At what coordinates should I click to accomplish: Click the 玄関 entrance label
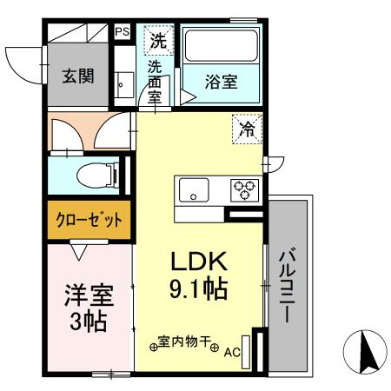click(x=79, y=76)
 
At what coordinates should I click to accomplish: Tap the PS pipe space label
click(x=123, y=33)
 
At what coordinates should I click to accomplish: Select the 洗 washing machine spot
click(x=157, y=40)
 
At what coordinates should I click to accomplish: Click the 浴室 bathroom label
click(x=220, y=83)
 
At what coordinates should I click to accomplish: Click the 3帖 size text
click(x=88, y=321)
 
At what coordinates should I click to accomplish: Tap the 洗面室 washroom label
click(x=155, y=81)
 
